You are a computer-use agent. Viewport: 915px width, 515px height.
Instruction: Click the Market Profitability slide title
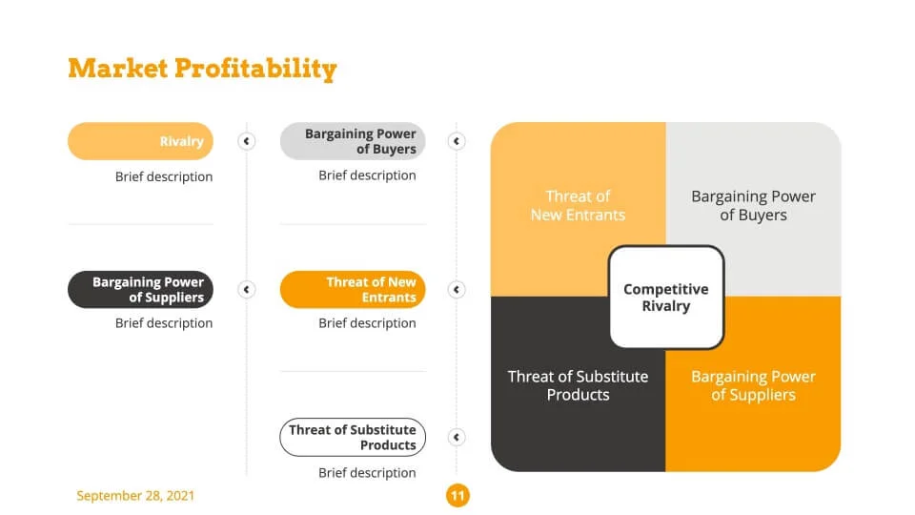(x=202, y=69)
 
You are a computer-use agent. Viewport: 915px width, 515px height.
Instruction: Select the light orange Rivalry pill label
(x=140, y=141)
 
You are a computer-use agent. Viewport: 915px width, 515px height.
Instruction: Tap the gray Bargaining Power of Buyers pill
(x=353, y=141)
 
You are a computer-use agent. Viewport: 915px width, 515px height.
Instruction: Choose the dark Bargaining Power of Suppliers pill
(x=140, y=289)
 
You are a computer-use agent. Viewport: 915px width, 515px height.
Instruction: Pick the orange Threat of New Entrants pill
(x=353, y=289)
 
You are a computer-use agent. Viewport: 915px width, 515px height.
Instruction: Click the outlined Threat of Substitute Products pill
(x=353, y=437)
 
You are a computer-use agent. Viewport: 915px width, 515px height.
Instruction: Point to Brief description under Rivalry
(x=164, y=176)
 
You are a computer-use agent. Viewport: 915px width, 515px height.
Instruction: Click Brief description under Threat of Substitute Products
(x=367, y=472)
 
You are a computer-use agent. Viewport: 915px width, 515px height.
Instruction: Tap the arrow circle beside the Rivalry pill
(x=246, y=141)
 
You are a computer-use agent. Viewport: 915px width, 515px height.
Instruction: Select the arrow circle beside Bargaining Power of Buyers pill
(x=457, y=141)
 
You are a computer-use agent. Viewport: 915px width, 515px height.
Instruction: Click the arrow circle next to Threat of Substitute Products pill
(x=457, y=437)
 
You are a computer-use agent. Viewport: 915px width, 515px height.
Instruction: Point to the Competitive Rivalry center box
(x=666, y=297)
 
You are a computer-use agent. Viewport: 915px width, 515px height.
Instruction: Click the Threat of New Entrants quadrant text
(x=578, y=205)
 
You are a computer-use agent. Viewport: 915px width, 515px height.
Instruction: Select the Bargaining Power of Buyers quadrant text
(x=753, y=205)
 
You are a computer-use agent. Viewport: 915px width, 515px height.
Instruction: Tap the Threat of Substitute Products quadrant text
(x=578, y=384)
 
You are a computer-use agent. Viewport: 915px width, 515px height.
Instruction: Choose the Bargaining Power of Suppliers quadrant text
(x=753, y=384)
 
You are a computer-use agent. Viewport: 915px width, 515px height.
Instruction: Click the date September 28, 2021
(x=135, y=496)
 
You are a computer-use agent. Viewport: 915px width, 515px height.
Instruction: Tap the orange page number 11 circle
(x=457, y=495)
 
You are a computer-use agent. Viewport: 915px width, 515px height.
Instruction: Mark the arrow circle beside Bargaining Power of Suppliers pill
(x=246, y=289)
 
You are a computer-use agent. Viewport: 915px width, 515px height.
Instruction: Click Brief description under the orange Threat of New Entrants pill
(x=367, y=323)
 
